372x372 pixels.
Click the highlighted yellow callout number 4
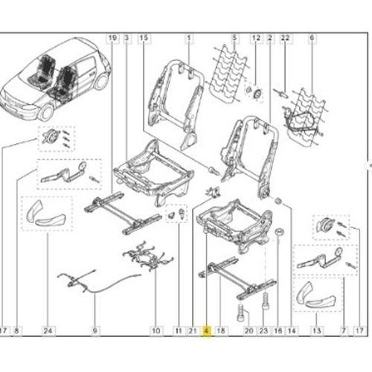point(207,331)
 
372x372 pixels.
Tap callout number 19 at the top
point(112,38)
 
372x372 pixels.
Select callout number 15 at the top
point(144,38)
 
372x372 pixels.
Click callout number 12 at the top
point(256,38)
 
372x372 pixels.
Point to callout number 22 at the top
point(285,38)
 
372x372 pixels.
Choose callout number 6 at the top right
point(312,38)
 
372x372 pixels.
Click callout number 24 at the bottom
point(48,331)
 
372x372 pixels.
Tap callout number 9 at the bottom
point(94,331)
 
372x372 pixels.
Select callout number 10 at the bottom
point(155,331)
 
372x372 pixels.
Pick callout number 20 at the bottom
point(249,331)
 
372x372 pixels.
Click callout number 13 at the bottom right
point(317,331)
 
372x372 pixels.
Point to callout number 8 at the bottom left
point(16,331)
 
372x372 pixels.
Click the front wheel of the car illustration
point(46,112)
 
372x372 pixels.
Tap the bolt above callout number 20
point(240,312)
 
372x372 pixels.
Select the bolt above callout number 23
point(265,301)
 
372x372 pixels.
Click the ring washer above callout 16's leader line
point(280,232)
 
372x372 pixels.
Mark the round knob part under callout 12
point(258,94)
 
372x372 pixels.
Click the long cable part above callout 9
point(99,281)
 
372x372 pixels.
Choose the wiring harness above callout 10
point(148,255)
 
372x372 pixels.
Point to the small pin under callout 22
point(281,93)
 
